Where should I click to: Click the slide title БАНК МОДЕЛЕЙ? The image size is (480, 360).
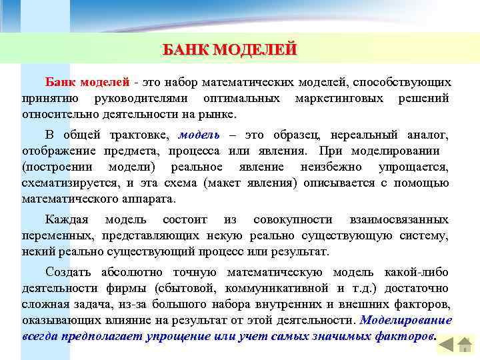coord(230,50)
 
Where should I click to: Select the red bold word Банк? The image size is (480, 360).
coord(61,82)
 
